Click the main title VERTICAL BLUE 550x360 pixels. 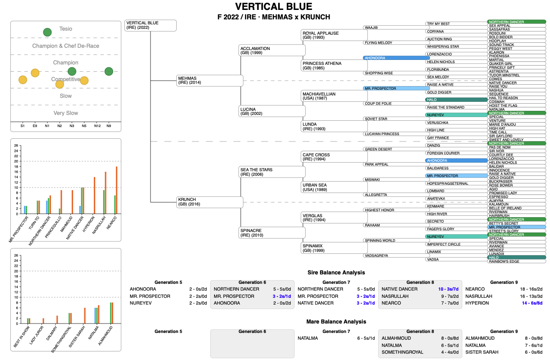[x=273, y=7]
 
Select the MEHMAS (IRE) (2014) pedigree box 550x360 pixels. [x=210, y=80]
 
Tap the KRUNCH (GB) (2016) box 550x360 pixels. [x=210, y=202]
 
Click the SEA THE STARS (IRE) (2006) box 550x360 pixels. [x=272, y=172]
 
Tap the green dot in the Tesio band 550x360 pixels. [x=47, y=32]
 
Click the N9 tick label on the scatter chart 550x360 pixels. [x=109, y=126]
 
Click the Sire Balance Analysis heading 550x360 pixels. [x=336, y=273]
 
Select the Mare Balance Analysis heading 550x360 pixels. [x=336, y=322]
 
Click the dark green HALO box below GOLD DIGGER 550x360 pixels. [x=456, y=100]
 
